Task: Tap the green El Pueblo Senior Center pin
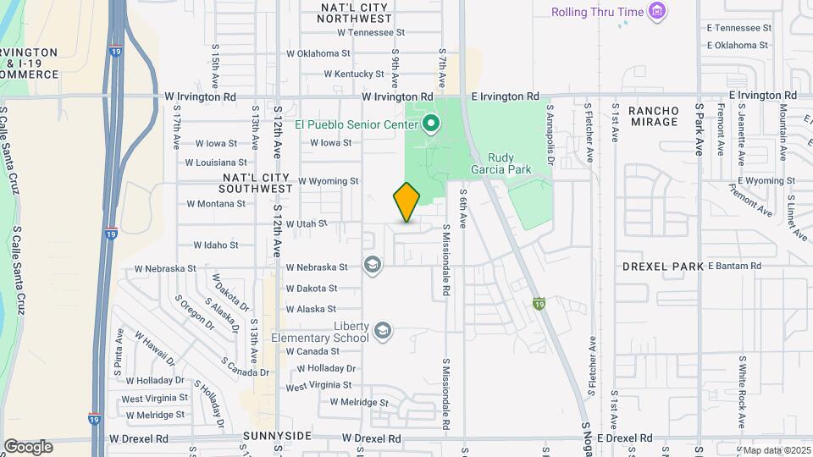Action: coord(430,125)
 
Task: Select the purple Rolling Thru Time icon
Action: coord(656,12)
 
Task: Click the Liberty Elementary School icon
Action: coord(383,330)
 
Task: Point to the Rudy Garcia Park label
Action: coord(509,163)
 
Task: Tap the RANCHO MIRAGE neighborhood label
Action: coord(653,116)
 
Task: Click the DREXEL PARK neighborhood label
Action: coord(663,266)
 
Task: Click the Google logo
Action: coord(27,447)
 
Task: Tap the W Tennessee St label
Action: coord(372,32)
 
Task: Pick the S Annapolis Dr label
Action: coord(550,133)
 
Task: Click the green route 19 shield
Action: coord(539,303)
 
